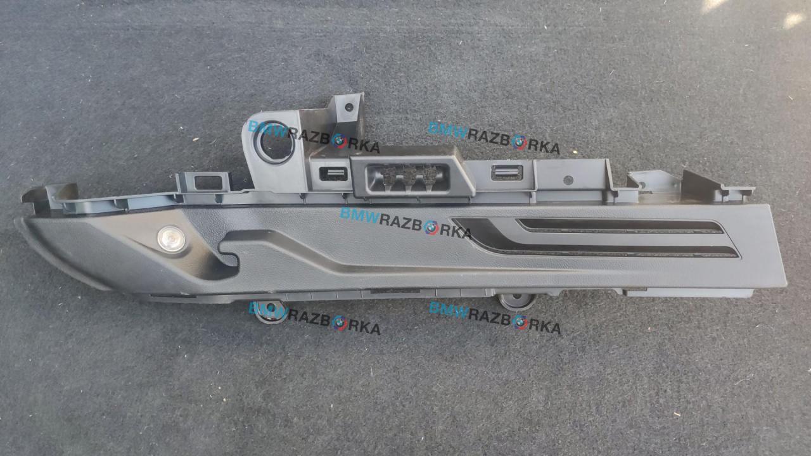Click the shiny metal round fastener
point(171,239)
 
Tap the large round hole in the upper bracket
point(274,142)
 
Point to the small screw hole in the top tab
point(349,107)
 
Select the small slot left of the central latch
point(333,174)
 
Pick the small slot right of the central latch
point(507,173)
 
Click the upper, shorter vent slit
point(620,226)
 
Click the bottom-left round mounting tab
point(271,312)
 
